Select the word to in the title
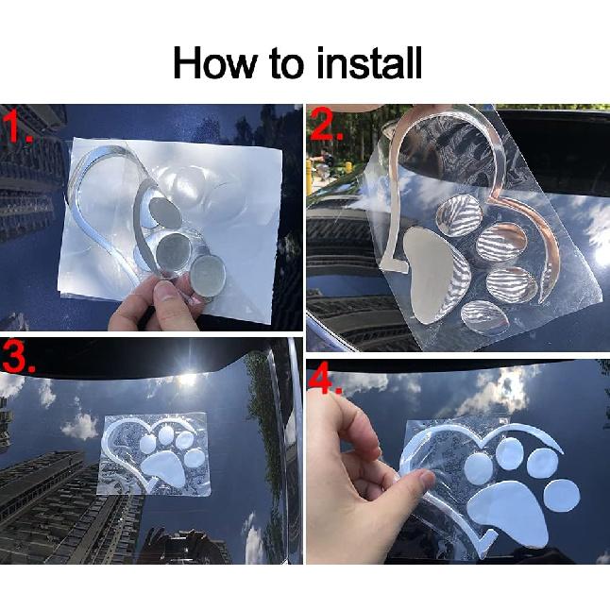pyautogui.click(x=285, y=63)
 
